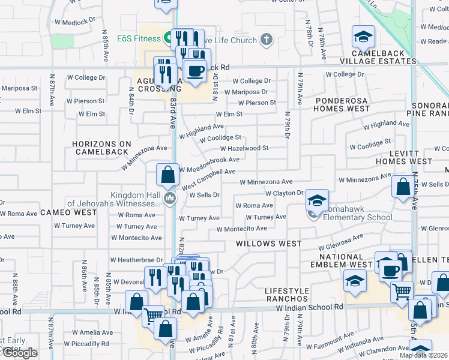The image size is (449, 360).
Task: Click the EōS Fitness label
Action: (x=139, y=39)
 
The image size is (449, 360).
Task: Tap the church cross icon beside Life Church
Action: (x=266, y=40)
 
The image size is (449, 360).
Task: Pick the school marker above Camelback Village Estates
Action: (x=363, y=38)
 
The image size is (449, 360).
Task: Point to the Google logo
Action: (x=20, y=353)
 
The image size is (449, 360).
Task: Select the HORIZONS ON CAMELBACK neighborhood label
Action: (x=101, y=148)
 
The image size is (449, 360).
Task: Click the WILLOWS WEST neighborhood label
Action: (x=268, y=244)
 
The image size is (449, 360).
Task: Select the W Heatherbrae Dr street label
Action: (x=137, y=260)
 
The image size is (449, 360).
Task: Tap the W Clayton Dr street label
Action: (x=285, y=193)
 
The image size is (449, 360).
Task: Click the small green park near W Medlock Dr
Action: (x=62, y=41)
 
